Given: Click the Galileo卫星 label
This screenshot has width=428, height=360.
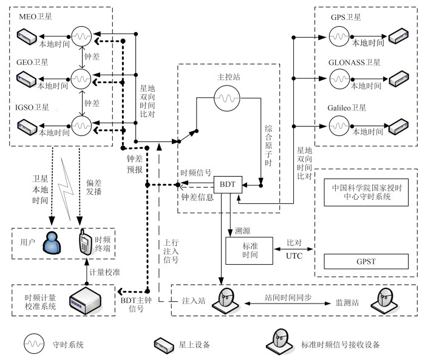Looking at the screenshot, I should (350, 108).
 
